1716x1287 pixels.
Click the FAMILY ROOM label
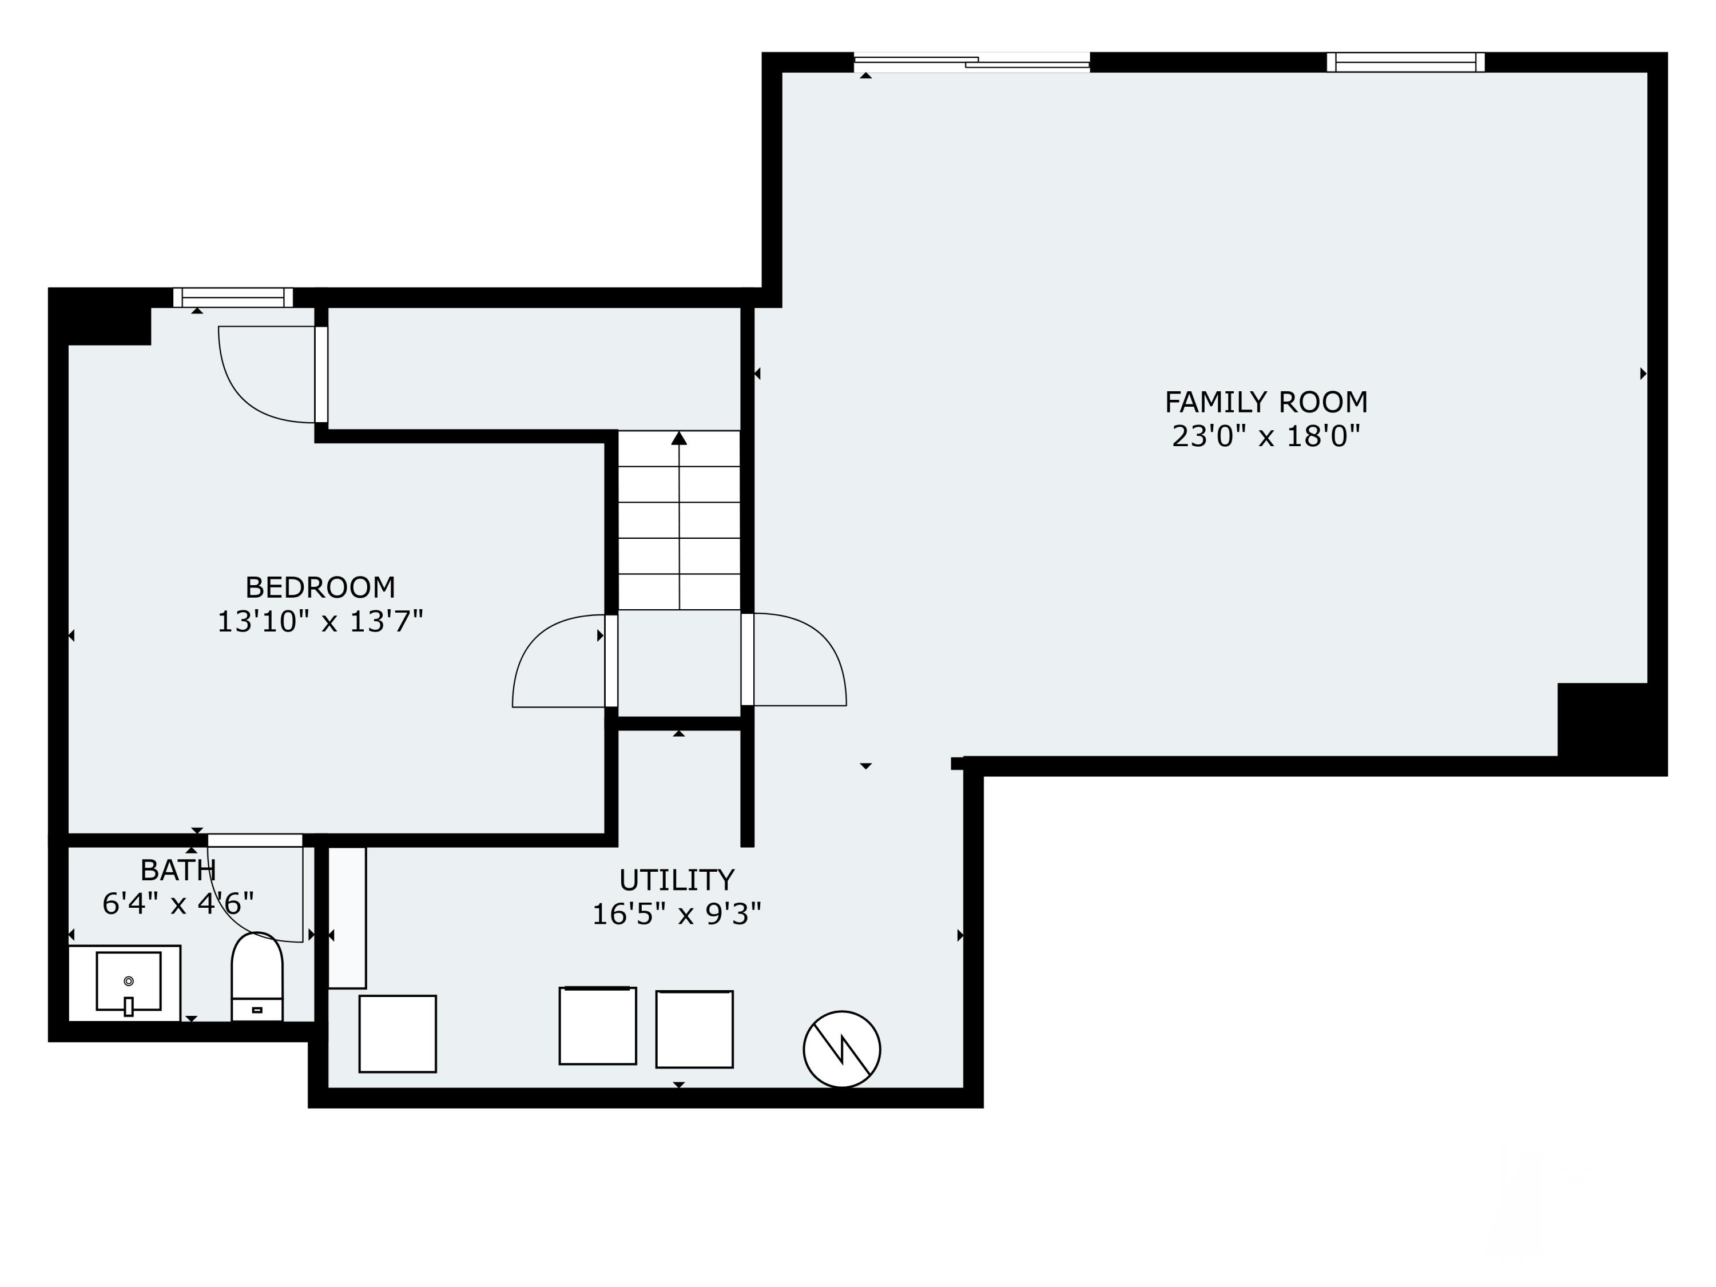pyautogui.click(x=1266, y=402)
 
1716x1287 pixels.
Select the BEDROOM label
pyautogui.click(x=320, y=587)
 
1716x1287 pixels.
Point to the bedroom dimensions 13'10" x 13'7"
pyautogui.click(x=320, y=621)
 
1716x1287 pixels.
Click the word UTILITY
pyautogui.click(x=677, y=880)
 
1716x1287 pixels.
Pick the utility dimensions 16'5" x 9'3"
pyautogui.click(x=677, y=914)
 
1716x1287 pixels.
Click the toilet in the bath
pyautogui.click(x=257, y=977)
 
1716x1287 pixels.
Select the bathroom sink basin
pyautogui.click(x=129, y=982)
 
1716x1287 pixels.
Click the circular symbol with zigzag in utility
pyautogui.click(x=842, y=1049)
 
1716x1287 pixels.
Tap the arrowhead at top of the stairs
pyautogui.click(x=679, y=438)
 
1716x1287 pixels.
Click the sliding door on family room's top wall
pyautogui.click(x=972, y=62)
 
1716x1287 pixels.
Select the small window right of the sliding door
pyautogui.click(x=1406, y=62)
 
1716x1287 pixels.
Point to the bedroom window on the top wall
pyautogui.click(x=233, y=297)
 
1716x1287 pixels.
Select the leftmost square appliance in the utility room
pyautogui.click(x=397, y=1034)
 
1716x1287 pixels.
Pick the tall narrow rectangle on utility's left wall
pyautogui.click(x=347, y=917)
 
